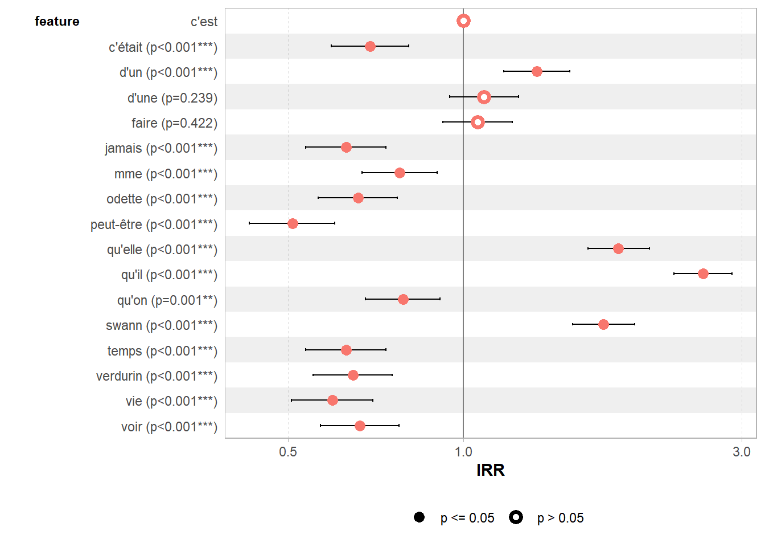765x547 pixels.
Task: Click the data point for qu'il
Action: (x=703, y=274)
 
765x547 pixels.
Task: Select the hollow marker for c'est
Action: (x=463, y=21)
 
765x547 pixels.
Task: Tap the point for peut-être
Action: (x=293, y=223)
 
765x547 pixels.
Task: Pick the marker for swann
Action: (x=603, y=324)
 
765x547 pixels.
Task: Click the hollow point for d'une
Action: (x=484, y=97)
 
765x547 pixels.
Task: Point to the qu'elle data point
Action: (x=618, y=248)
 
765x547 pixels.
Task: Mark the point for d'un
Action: (x=537, y=71)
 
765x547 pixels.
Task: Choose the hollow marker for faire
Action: (x=478, y=122)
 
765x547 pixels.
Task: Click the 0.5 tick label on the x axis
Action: (x=288, y=452)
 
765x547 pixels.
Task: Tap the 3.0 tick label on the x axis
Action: (x=742, y=452)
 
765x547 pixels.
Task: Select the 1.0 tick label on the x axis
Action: (x=463, y=452)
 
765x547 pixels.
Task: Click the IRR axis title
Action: (x=490, y=470)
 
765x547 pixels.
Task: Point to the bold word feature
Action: (x=57, y=22)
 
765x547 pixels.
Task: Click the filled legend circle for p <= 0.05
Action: (x=419, y=517)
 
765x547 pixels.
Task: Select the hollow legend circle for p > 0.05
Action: (x=516, y=517)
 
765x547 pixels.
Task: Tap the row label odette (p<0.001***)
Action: (x=162, y=199)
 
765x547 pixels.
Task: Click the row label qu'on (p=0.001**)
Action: (x=167, y=300)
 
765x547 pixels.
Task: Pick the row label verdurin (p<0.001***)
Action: (x=157, y=376)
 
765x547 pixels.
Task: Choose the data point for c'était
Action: (x=370, y=46)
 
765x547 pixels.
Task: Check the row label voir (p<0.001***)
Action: (x=169, y=427)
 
